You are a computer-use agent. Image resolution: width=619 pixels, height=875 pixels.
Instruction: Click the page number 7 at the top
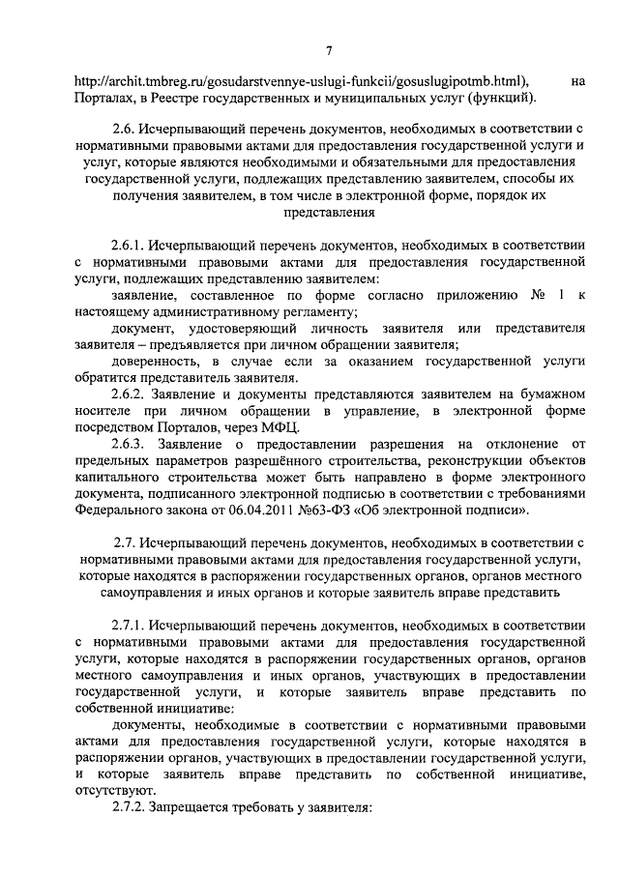[329, 51]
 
